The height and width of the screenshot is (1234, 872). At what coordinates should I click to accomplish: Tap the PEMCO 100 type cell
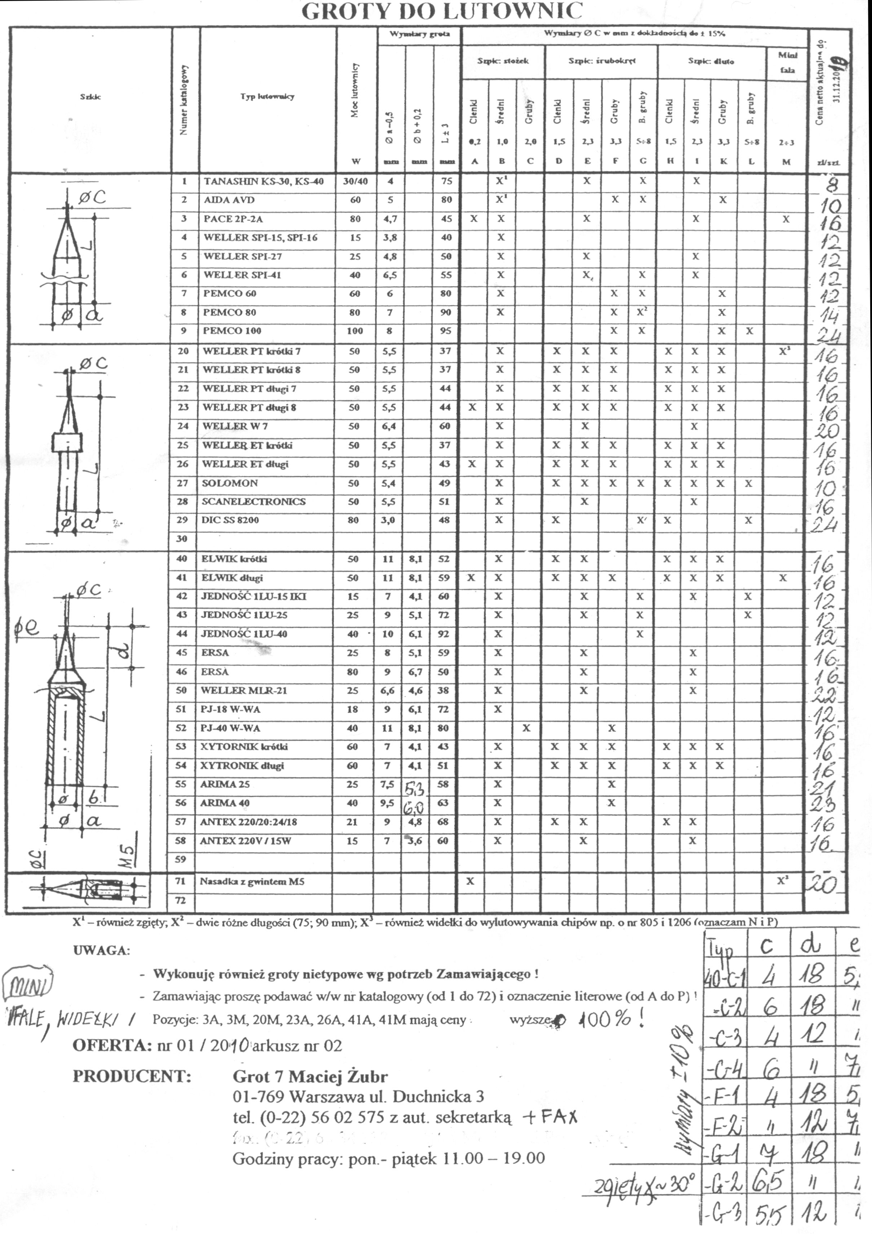[232, 331]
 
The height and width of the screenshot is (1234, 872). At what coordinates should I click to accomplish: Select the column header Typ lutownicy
[267, 97]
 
